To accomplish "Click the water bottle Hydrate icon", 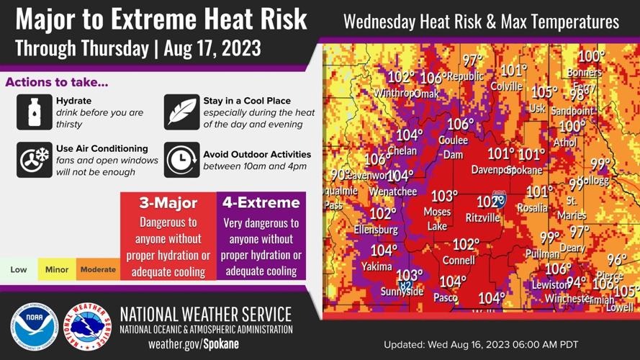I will [x=34, y=112].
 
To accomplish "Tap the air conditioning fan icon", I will [x=34, y=160].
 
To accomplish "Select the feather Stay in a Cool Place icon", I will [x=181, y=112].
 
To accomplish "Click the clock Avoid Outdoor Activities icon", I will [x=181, y=160].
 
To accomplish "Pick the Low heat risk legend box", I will [x=19, y=270].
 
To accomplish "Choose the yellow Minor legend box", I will [x=57, y=270].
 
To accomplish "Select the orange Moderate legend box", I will [x=98, y=270].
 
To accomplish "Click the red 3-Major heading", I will [x=168, y=202].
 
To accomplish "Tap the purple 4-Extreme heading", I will [x=261, y=202].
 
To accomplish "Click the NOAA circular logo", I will [x=35, y=327].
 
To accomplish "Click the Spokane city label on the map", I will [x=526, y=171].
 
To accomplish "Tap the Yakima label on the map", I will [x=377, y=266].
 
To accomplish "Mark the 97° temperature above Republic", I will [x=473, y=61].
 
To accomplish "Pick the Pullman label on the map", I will [x=542, y=254].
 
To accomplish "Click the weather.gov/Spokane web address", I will [x=193, y=343].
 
